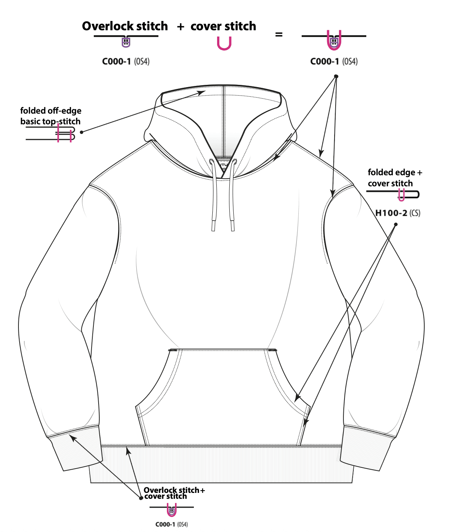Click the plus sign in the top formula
click(x=181, y=27)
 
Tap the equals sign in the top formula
click(x=279, y=34)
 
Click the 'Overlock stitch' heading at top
click(x=125, y=26)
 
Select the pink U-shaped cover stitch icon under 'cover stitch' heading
click(x=224, y=44)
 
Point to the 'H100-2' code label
click(x=391, y=213)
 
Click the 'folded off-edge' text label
click(x=51, y=111)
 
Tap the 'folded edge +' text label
click(x=395, y=172)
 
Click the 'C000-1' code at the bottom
click(x=165, y=524)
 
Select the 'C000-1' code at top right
click(x=325, y=61)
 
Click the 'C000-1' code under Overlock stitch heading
click(x=116, y=61)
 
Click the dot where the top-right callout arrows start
click(x=336, y=76)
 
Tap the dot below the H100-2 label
click(x=396, y=224)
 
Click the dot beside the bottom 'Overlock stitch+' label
click(x=141, y=498)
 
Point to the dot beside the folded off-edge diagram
click(x=82, y=132)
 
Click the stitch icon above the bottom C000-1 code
click(x=171, y=510)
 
